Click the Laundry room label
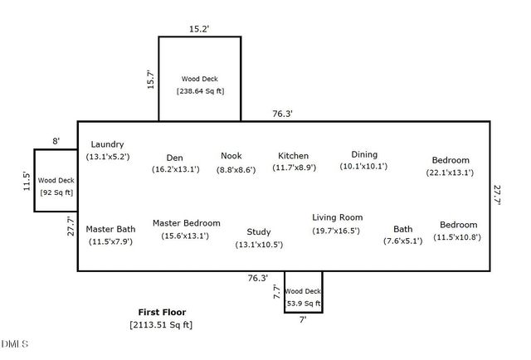point(107,144)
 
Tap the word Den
point(174,157)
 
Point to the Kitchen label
point(293,155)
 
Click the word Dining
point(363,154)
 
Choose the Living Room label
point(338,217)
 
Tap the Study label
point(259,231)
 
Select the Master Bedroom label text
point(186,223)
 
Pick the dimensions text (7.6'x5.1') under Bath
point(402,241)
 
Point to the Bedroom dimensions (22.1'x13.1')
point(450,173)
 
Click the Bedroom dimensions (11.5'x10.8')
point(458,237)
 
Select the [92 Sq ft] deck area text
point(56,192)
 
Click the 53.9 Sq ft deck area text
point(303,304)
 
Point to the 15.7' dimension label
point(150,82)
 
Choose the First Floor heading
point(162,312)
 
